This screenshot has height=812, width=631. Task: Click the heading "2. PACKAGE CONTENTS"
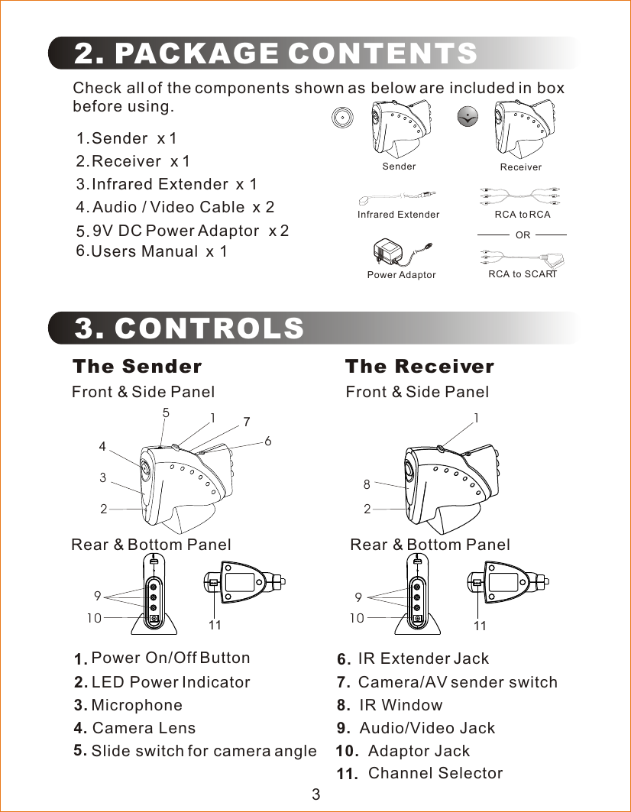(x=276, y=54)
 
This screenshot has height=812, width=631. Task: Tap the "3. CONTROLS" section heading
(x=189, y=328)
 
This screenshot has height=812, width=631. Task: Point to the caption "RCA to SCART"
(x=523, y=274)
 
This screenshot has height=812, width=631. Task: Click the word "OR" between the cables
(x=523, y=235)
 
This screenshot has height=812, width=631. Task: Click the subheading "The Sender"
(x=137, y=367)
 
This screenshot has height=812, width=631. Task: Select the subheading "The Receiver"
(x=419, y=367)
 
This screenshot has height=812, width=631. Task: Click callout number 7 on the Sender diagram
(x=247, y=422)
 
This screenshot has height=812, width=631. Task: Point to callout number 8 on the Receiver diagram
(x=367, y=484)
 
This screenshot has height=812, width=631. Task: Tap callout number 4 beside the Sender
(x=102, y=447)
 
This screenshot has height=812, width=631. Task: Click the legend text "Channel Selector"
(x=435, y=773)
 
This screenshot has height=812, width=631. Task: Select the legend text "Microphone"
(x=137, y=705)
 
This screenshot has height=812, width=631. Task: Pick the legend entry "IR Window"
(x=400, y=704)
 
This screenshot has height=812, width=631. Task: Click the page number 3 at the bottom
(x=315, y=794)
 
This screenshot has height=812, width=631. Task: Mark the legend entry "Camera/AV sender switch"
(x=458, y=681)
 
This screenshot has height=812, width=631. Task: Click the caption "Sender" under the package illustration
(x=399, y=167)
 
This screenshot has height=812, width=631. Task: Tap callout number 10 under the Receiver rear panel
(x=357, y=618)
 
